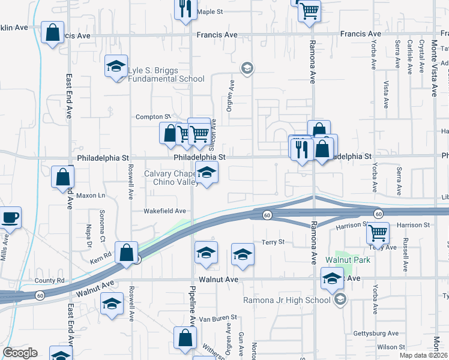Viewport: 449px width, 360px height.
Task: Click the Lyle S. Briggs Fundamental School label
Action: (x=166, y=74)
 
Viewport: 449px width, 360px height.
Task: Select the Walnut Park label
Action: (x=348, y=260)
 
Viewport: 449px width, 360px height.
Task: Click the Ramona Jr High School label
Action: (x=286, y=300)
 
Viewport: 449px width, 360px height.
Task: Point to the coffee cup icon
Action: (x=10, y=217)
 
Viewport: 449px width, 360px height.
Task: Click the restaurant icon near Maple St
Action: (x=184, y=8)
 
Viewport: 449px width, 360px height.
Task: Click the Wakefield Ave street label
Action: (x=164, y=211)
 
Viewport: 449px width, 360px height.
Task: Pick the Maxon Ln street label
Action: (x=90, y=196)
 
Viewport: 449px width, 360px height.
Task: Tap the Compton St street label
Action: (x=153, y=116)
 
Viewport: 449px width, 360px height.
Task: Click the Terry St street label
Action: (x=272, y=242)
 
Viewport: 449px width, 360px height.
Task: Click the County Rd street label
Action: (x=49, y=280)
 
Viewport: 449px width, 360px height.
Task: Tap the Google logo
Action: (x=20, y=353)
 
